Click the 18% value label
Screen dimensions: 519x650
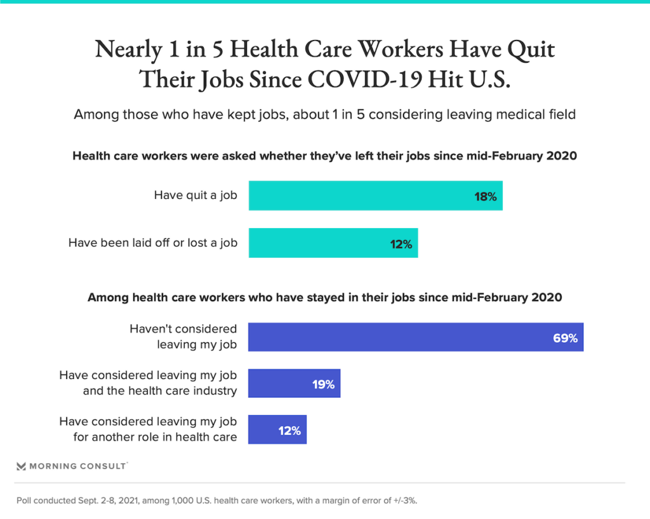pos(485,196)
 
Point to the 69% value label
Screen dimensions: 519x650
pos(565,338)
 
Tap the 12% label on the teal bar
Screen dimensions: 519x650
pos(401,244)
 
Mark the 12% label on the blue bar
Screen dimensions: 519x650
pos(289,430)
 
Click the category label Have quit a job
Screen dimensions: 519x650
pos(196,195)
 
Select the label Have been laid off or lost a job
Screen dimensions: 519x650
pos(153,243)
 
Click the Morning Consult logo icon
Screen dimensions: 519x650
pos(21,466)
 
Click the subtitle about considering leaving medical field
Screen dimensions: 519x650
pos(324,115)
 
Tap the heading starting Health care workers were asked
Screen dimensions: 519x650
pos(324,156)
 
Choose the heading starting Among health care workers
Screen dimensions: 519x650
pos(324,297)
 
